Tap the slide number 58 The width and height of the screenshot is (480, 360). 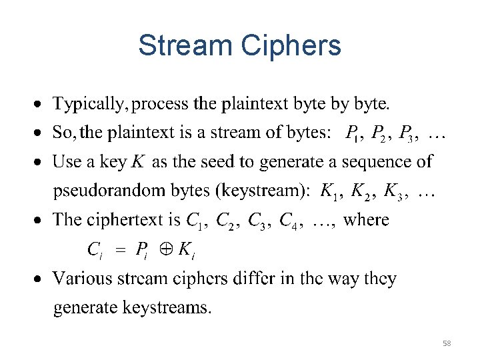[x=447, y=343]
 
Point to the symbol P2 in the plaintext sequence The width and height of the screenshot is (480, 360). [x=381, y=134]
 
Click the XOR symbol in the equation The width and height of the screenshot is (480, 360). [x=165, y=251]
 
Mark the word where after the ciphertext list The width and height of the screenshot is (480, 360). [x=366, y=220]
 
